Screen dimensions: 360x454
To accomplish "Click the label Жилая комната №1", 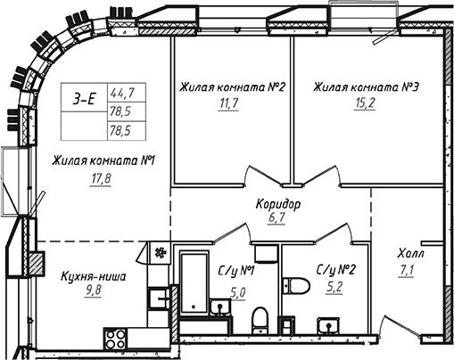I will (x=104, y=160).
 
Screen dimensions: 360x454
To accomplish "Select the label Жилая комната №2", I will (x=232, y=88).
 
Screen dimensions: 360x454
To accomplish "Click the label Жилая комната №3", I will (x=366, y=88).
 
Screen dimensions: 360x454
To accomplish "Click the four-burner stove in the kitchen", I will (x=116, y=340).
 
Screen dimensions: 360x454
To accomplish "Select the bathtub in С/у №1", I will (x=193, y=281).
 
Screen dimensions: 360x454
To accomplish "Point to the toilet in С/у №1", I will (x=260, y=319).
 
